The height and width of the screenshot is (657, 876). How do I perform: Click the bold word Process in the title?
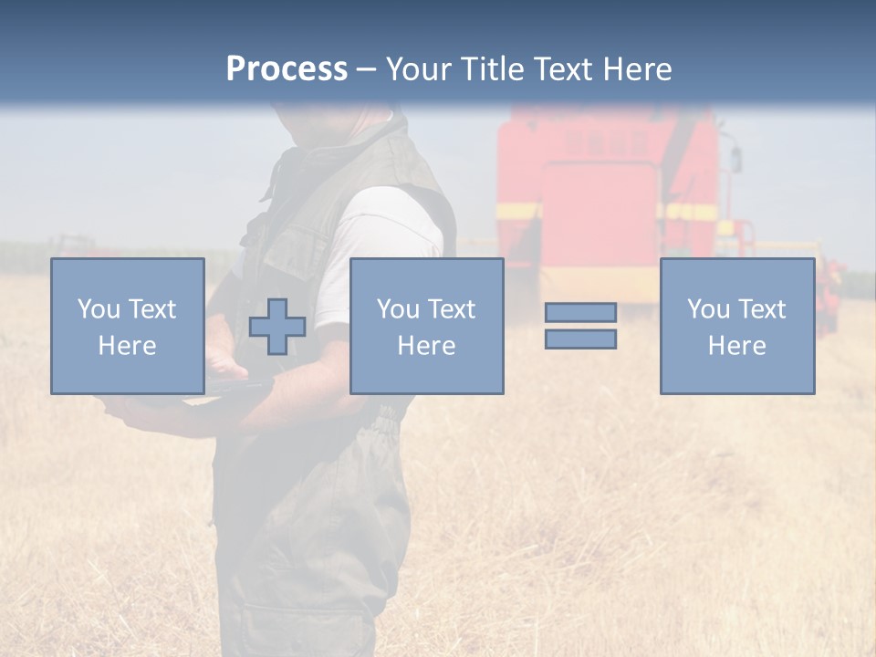(287, 69)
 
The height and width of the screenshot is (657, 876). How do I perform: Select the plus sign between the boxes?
(277, 327)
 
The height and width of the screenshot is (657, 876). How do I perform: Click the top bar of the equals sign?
(580, 312)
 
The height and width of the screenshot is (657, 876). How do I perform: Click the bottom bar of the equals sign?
(580, 339)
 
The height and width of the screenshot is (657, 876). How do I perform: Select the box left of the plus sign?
(128, 327)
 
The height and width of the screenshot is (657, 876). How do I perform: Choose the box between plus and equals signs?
(427, 327)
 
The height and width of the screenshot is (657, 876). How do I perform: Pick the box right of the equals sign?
(737, 327)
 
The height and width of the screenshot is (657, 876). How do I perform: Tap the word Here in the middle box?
(427, 346)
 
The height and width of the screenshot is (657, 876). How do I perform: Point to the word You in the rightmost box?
(708, 309)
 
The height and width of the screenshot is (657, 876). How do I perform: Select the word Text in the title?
(562, 69)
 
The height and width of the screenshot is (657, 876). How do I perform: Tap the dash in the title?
(366, 69)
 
